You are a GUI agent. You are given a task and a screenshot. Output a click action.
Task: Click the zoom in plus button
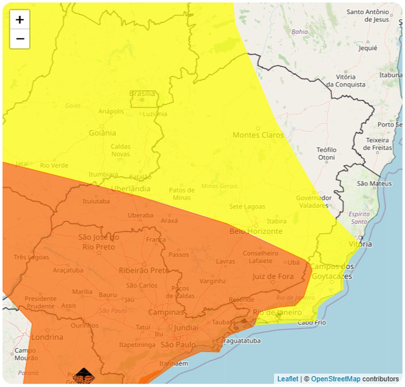coord(20,19)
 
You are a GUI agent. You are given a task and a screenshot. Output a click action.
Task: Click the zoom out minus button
coord(20,39)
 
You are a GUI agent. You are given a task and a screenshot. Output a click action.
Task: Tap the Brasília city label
coord(142,94)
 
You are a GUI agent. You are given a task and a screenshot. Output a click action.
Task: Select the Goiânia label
coord(102,133)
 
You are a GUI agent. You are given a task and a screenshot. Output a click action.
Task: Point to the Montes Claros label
coord(258,135)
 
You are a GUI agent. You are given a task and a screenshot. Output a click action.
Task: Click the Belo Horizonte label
coord(256,231)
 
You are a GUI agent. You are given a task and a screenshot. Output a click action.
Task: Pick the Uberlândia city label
coord(130,189)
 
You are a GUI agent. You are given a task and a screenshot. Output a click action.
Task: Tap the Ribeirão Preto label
coord(144,270)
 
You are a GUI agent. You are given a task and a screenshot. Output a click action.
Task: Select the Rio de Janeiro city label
coord(277,313)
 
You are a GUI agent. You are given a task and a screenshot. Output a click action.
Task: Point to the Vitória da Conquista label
coord(346,81)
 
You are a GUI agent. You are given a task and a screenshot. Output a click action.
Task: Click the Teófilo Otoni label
coord(326,153)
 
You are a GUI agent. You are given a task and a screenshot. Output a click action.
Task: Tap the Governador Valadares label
coord(314,202)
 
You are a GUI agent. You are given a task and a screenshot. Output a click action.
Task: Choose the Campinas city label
coord(166,313)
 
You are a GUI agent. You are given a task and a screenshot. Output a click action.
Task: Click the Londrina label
coord(47,337)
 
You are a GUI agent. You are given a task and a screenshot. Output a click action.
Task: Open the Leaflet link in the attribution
coord(287,379)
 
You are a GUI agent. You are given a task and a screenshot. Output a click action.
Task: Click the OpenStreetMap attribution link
coord(335,379)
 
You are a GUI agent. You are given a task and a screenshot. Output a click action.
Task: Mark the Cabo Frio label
coord(311,323)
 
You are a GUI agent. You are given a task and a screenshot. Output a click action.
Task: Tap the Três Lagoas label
coord(31,257)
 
